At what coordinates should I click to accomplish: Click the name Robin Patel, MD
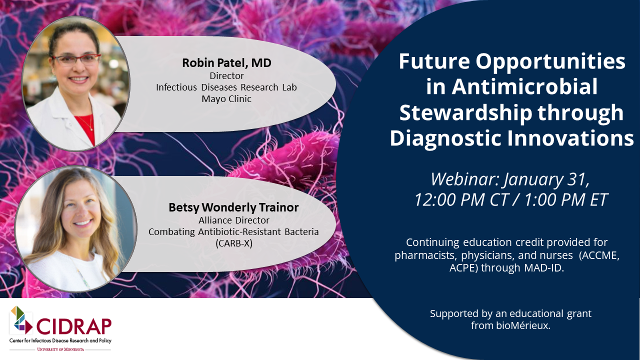point(226,63)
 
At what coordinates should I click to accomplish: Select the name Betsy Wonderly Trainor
point(233,207)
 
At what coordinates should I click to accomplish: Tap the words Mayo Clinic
point(226,98)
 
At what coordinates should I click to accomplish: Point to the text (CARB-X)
point(233,243)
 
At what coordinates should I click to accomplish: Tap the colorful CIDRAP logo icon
point(21,320)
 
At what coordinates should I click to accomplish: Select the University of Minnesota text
point(60,349)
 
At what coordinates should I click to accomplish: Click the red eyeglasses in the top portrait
point(76,59)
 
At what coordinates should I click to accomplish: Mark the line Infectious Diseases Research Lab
point(226,87)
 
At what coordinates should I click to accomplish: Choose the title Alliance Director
point(233,220)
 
